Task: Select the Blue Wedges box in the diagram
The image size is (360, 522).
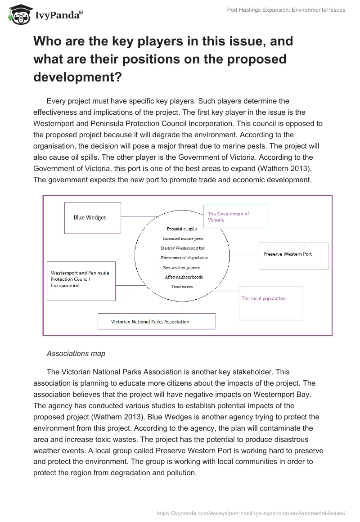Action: pyautogui.click(x=92, y=218)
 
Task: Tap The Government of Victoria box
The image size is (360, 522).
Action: pyautogui.click(x=235, y=216)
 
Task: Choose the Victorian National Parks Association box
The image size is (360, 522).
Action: pyautogui.click(x=156, y=321)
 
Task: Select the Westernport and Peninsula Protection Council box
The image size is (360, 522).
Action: pyautogui.click(x=81, y=281)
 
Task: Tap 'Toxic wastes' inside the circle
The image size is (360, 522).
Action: pyautogui.click(x=181, y=287)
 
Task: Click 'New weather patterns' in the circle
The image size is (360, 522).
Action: pyautogui.click(x=182, y=268)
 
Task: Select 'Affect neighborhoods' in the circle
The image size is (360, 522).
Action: pyautogui.click(x=184, y=277)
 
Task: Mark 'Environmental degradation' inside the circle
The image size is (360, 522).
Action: pyautogui.click(x=184, y=258)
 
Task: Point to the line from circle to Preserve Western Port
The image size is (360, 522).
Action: pyautogui.click(x=244, y=254)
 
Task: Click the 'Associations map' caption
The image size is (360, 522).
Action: pyautogui.click(x=76, y=354)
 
